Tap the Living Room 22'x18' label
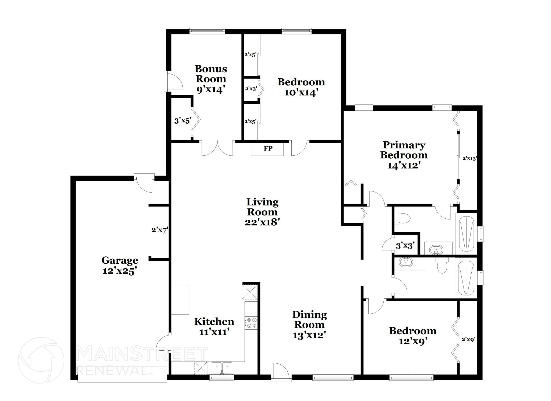[262, 212]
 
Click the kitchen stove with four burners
[251, 323]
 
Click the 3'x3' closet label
[405, 246]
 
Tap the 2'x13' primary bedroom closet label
[469, 159]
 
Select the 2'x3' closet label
[251, 89]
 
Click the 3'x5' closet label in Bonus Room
[182, 120]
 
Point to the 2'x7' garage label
[160, 230]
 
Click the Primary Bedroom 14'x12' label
[404, 155]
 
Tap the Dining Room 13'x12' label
[309, 325]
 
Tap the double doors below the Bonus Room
[217, 149]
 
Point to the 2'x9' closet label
[468, 340]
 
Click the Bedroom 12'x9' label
[412, 336]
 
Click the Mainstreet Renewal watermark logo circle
[41, 360]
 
